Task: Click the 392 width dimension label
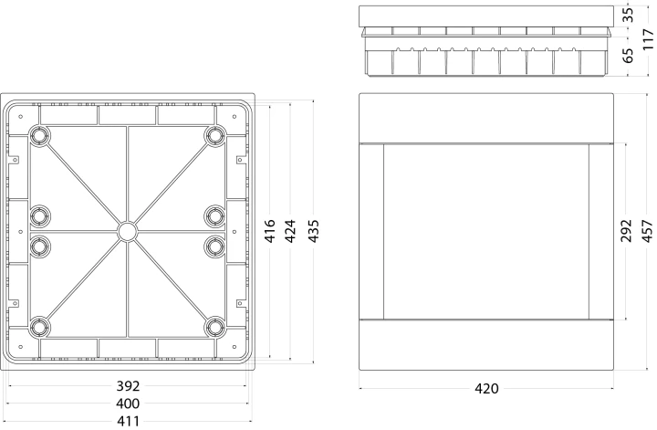pyautogui.click(x=128, y=386)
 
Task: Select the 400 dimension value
pyautogui.click(x=128, y=404)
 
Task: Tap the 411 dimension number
pyautogui.click(x=128, y=421)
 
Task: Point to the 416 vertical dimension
pyautogui.click(x=270, y=231)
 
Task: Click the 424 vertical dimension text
pyautogui.click(x=290, y=231)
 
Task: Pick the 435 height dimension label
pyautogui.click(x=313, y=231)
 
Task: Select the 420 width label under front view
pyautogui.click(x=486, y=389)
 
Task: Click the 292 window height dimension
pyautogui.click(x=626, y=231)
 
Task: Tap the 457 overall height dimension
pyautogui.click(x=648, y=231)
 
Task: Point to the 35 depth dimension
pyautogui.click(x=627, y=16)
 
